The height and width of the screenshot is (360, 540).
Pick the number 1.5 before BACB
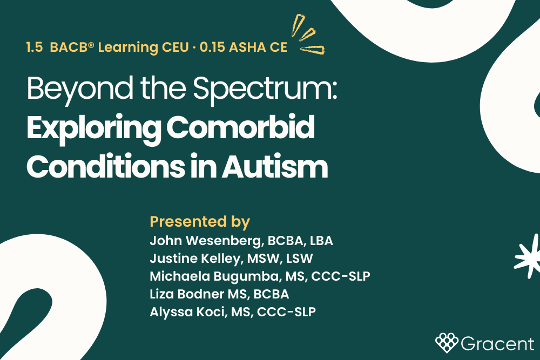click(35, 47)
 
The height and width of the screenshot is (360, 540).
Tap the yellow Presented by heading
click(200, 222)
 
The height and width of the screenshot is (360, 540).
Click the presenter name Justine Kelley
click(194, 259)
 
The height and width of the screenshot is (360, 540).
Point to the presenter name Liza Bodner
click(186, 294)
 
